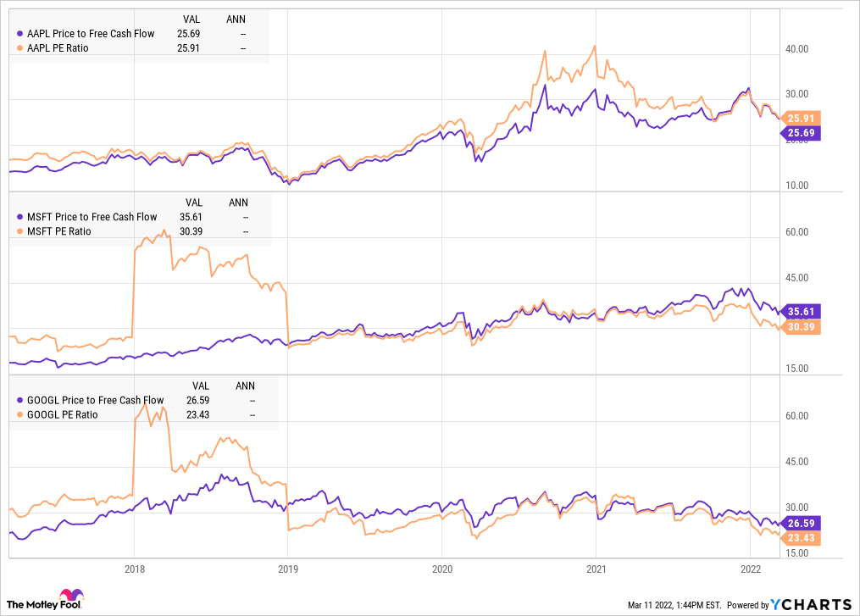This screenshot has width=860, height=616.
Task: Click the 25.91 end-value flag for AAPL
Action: point(801,119)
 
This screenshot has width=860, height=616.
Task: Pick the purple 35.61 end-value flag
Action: point(801,311)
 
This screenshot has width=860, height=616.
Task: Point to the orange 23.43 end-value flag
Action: point(801,538)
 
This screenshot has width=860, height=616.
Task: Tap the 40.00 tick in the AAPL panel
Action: point(796,49)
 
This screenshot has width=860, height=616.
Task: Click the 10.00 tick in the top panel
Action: point(796,186)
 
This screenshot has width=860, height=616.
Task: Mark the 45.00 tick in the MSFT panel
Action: point(796,278)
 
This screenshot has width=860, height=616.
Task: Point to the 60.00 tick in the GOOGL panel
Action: point(796,416)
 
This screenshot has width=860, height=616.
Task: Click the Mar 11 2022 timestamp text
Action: point(674,605)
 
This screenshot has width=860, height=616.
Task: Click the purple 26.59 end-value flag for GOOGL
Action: point(801,523)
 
